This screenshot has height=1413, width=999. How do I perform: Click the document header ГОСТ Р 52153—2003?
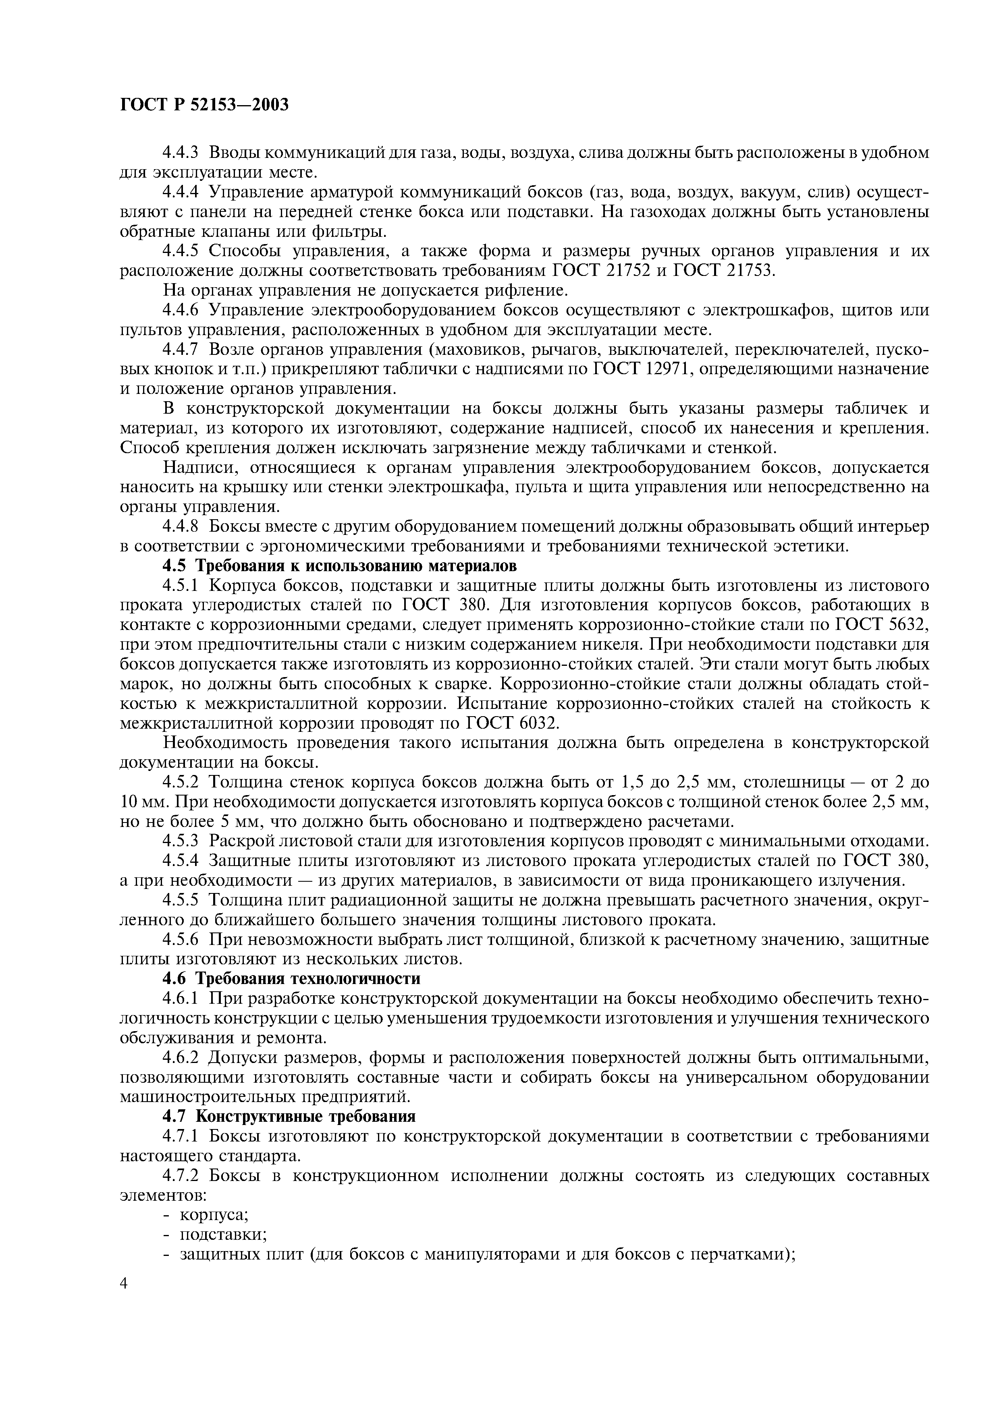click(204, 105)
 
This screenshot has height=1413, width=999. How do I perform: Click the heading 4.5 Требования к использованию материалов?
click(340, 566)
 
